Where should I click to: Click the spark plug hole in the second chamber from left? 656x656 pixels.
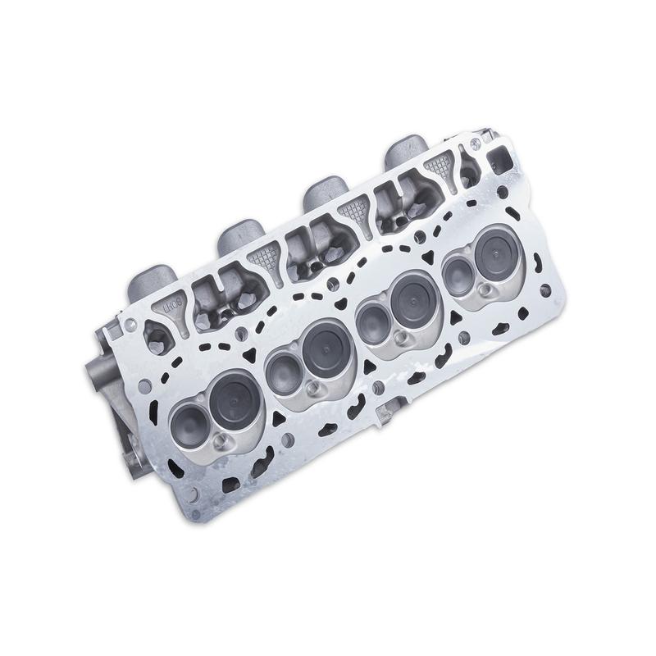point(312,389)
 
